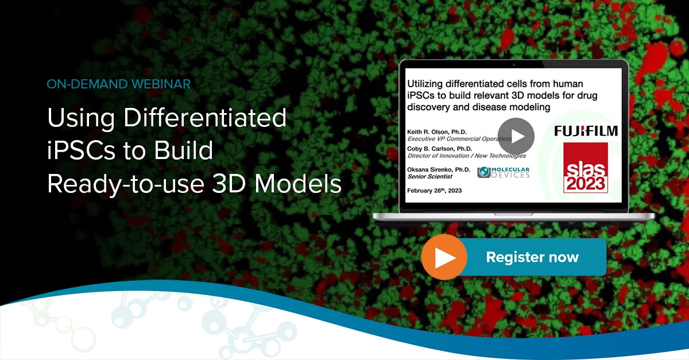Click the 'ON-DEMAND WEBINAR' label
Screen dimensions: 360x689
click(x=119, y=84)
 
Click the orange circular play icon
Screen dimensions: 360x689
click(x=444, y=257)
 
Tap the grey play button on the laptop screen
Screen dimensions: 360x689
click(x=516, y=136)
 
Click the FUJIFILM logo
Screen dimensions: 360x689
click(x=586, y=131)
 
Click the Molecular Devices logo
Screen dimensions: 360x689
click(x=504, y=172)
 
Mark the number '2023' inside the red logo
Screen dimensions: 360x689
click(x=586, y=183)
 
